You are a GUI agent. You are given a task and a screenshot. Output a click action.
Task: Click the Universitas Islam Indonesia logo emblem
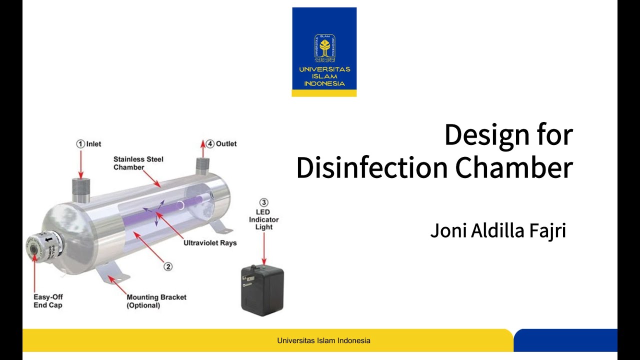[x=324, y=48]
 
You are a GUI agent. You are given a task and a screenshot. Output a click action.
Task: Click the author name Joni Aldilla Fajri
[x=497, y=231]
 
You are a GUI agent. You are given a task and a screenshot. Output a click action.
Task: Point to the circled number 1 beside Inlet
[x=80, y=144]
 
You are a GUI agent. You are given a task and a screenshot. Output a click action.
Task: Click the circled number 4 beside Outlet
[x=210, y=144]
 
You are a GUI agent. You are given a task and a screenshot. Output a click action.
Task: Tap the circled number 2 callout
[x=168, y=266]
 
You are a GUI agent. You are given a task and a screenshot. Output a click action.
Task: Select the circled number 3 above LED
[x=263, y=202]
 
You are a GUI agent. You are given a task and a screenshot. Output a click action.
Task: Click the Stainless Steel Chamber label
[x=138, y=163]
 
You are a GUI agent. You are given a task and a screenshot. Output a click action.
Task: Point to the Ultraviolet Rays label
[x=210, y=243]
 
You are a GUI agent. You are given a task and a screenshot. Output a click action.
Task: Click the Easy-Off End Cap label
[x=48, y=300]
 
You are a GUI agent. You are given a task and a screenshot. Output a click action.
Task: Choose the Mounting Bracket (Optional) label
[x=156, y=301]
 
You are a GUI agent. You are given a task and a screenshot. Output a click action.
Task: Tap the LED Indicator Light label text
[x=263, y=219]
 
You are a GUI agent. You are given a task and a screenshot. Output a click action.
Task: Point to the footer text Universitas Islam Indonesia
[x=323, y=340]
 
